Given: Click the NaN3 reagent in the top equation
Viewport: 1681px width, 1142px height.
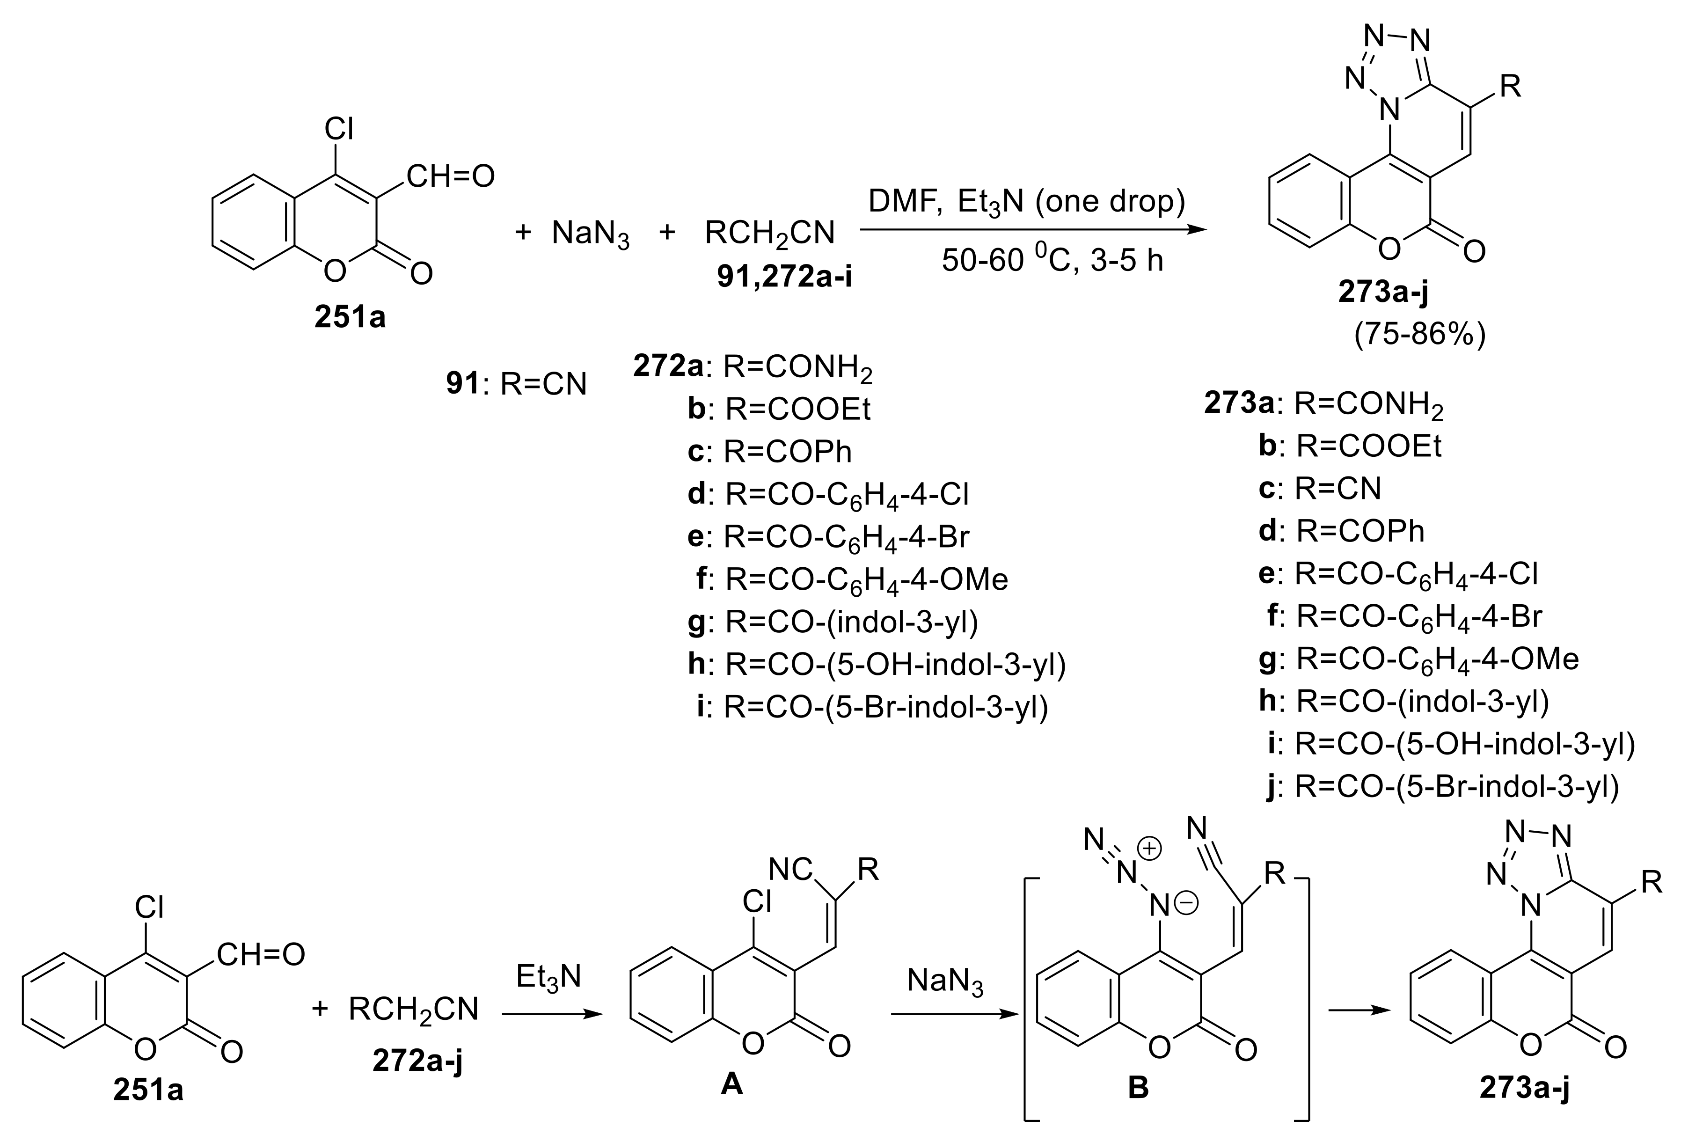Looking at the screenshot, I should [x=590, y=234].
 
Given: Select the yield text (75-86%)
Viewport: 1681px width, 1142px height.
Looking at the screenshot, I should [x=1419, y=335].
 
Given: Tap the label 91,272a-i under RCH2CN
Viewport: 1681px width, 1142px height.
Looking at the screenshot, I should [x=784, y=276].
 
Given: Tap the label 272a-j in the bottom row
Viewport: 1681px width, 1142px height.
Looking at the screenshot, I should [x=418, y=1060].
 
